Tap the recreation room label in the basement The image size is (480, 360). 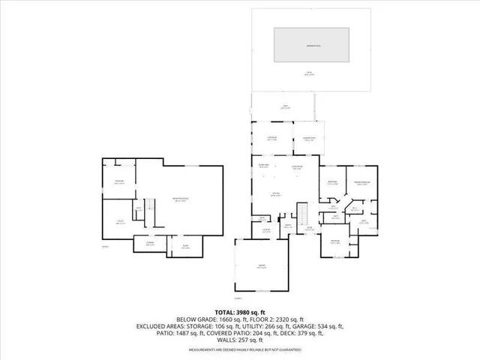tap(180, 199)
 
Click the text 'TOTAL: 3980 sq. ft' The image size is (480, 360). tap(240, 311)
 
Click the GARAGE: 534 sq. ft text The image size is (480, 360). tap(316, 326)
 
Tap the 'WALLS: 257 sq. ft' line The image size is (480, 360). tap(240, 341)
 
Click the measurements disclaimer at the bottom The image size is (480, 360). tap(240, 349)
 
